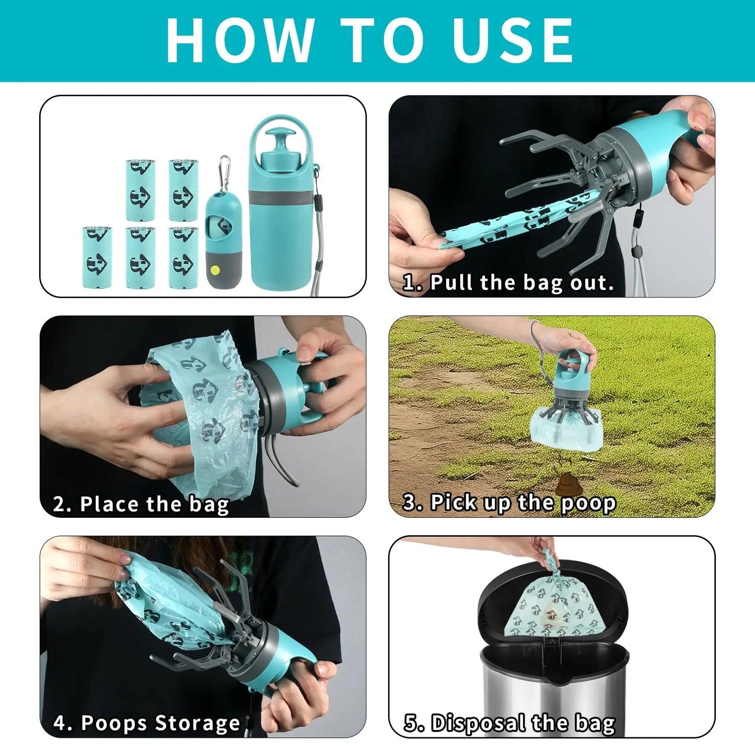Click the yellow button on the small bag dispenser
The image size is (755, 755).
click(x=214, y=270)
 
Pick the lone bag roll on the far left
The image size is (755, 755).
click(x=97, y=257)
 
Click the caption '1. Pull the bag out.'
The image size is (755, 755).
click(x=508, y=283)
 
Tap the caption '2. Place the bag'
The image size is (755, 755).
click(x=141, y=504)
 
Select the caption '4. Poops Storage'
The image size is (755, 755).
click(x=147, y=723)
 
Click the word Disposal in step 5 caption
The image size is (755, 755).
click(x=478, y=724)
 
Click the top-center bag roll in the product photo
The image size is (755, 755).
click(x=141, y=190)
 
